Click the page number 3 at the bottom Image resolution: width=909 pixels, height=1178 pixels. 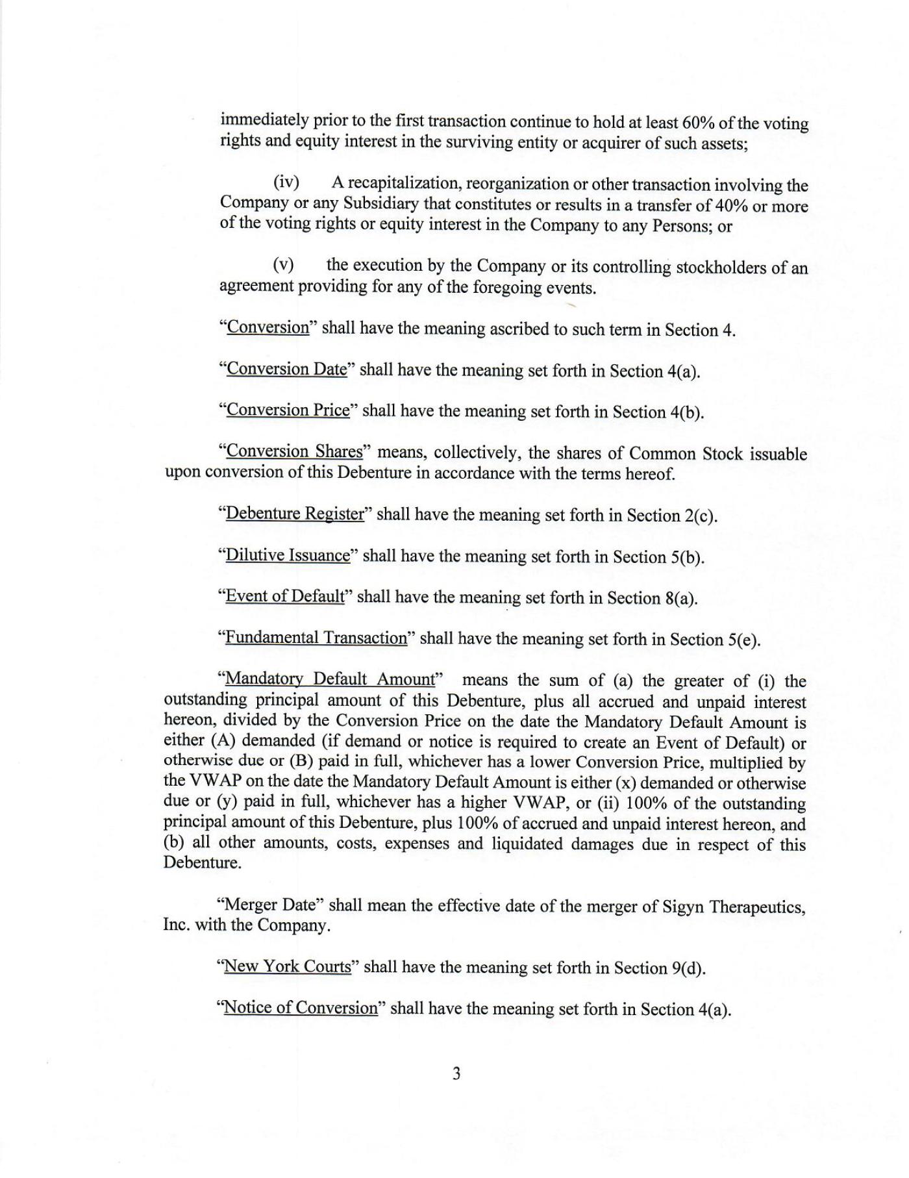point(456,1073)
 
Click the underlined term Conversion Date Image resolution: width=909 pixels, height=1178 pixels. point(286,369)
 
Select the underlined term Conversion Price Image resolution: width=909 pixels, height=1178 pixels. point(288,410)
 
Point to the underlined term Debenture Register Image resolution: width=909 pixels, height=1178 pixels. point(295,514)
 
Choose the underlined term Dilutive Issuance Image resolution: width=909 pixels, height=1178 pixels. point(288,555)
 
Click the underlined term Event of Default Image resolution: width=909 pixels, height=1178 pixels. point(284,596)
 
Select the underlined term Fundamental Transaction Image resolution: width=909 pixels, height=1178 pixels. point(316,638)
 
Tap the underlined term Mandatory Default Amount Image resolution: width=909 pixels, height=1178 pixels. point(330,679)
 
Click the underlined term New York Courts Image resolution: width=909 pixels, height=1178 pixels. point(287,966)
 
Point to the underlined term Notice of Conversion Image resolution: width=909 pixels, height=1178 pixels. point(301,1008)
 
